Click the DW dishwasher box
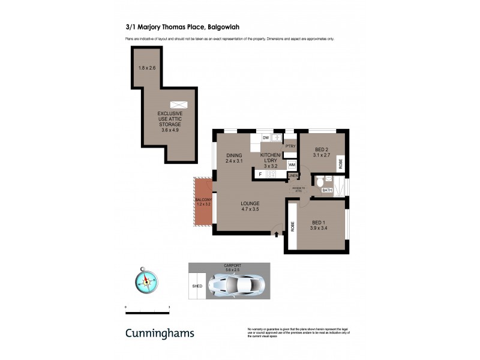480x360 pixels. tap(265, 138)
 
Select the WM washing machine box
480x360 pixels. tap(292, 164)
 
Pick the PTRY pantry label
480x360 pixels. tap(290, 146)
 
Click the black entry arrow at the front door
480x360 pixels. tap(276, 233)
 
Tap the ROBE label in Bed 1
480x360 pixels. tap(293, 226)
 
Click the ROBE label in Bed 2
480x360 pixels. tap(340, 162)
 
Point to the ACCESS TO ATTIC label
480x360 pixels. tap(298, 189)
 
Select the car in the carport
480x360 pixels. tap(236, 286)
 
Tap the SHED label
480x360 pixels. tap(197, 287)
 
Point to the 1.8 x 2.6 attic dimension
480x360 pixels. tap(146, 68)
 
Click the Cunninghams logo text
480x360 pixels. tap(160, 333)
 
